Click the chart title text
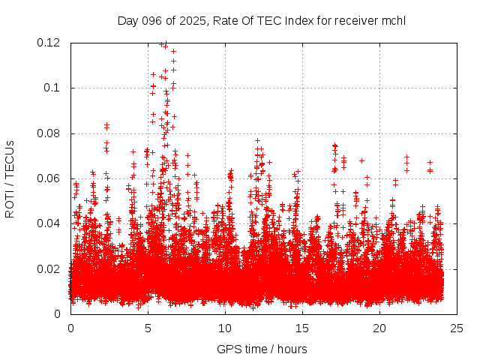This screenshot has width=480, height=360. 261,20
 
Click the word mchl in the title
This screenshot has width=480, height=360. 392,20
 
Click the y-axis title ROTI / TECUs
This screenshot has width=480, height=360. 10,178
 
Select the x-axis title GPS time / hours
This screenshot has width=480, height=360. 261,349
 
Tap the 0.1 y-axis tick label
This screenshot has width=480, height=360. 55,88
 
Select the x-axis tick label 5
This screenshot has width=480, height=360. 148,328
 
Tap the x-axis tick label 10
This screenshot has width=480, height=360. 225,328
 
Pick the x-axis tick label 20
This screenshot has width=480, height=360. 380,328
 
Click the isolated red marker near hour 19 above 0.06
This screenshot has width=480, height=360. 361,160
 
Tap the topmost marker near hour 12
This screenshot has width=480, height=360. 257,140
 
